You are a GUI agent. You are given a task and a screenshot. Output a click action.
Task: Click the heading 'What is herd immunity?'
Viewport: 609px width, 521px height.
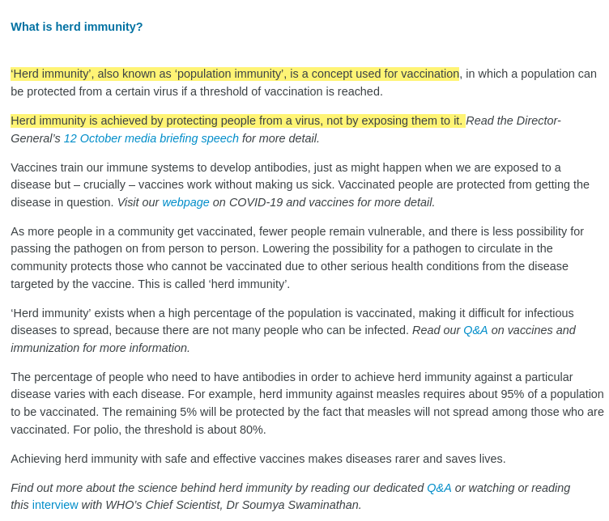pyautogui.click(x=77, y=27)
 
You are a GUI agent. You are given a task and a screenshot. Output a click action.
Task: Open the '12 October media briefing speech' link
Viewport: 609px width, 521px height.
pyautogui.click(x=151, y=138)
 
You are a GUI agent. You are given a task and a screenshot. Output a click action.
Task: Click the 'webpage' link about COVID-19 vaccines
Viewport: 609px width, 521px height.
pyautogui.click(x=185, y=202)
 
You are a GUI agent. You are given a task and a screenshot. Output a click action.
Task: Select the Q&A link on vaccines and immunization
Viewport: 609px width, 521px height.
pyautogui.click(x=475, y=330)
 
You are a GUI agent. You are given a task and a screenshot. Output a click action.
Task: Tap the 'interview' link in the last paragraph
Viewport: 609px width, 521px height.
pyautogui.click(x=55, y=505)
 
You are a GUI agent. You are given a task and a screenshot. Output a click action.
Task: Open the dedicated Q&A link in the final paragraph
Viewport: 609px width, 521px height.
pyautogui.click(x=439, y=488)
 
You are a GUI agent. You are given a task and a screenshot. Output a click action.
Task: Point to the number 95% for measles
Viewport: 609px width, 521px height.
pyautogui.click(x=513, y=394)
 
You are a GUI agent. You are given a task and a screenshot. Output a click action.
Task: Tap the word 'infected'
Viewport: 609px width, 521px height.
pyautogui.click(x=383, y=330)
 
